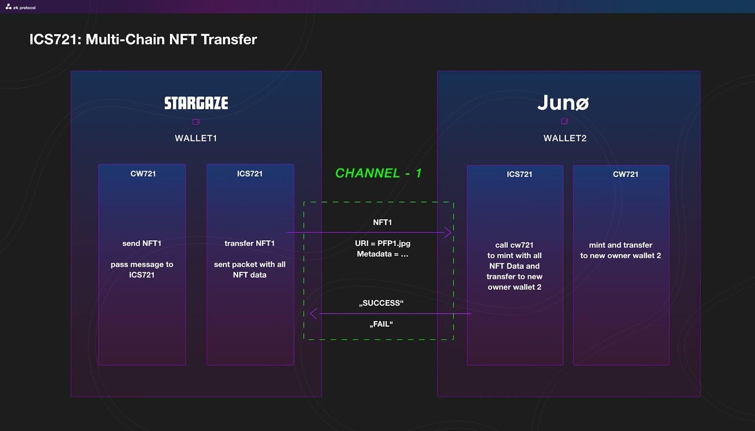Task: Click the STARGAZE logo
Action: (196, 103)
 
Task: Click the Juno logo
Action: (563, 102)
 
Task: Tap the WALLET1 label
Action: (196, 138)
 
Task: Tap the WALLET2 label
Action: (565, 138)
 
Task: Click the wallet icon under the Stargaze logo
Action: (196, 122)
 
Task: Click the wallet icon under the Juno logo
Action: (564, 121)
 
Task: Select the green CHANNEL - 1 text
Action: (378, 173)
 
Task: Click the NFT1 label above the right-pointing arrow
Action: (382, 222)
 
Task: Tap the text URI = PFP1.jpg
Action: (383, 243)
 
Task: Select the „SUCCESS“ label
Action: (381, 303)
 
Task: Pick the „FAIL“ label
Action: (381, 324)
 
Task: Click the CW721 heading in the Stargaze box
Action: (143, 174)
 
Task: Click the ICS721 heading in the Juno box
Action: (520, 174)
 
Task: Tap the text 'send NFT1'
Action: (142, 243)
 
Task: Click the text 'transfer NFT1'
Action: (250, 243)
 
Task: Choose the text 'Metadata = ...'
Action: (383, 254)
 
